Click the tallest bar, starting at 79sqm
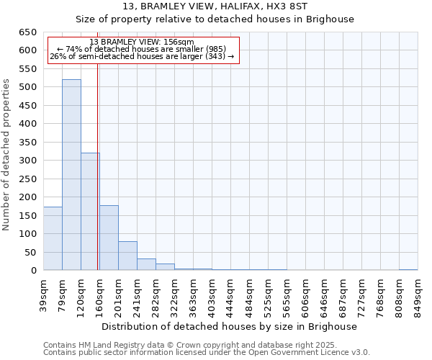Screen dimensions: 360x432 point(71,175)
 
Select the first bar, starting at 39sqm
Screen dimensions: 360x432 point(53,238)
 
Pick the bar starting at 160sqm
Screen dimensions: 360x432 point(109,238)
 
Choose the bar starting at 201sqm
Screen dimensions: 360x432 point(127,256)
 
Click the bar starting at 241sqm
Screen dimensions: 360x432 point(146,264)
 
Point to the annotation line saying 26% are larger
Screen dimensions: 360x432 point(142,56)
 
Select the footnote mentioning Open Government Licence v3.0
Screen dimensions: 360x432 point(207,352)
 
